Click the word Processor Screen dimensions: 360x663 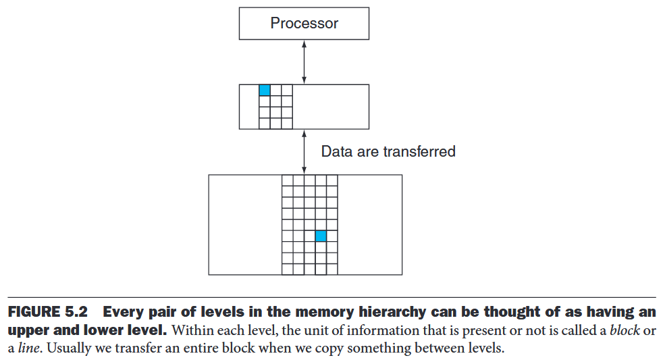click(304, 24)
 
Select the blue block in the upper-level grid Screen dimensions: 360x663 click(265, 91)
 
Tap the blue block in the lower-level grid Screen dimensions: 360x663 click(321, 236)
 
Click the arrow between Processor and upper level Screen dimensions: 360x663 click(304, 62)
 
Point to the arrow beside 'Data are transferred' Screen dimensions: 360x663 click(304, 151)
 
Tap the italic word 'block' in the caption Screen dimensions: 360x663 click(624, 332)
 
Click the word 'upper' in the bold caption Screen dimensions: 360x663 click(26, 332)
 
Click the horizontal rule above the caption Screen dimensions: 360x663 click(331, 297)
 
